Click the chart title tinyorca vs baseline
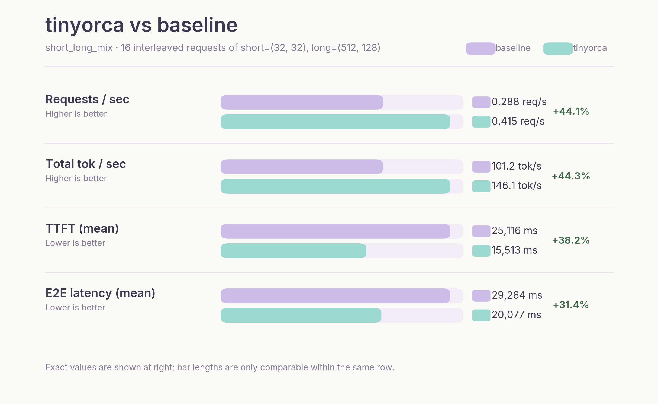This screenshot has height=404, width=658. [x=141, y=25]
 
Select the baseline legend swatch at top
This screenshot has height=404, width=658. [x=480, y=49]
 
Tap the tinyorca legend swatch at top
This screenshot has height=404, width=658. [x=558, y=49]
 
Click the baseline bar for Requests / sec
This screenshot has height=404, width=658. [x=302, y=102]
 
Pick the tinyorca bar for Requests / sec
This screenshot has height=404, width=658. [x=335, y=122]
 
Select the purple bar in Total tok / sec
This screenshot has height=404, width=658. [x=302, y=167]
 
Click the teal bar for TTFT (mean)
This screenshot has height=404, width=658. [x=293, y=251]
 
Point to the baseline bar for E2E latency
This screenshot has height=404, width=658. [x=335, y=296]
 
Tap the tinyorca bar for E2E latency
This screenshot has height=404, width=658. [x=301, y=315]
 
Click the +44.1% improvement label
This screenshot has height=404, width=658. [x=571, y=112]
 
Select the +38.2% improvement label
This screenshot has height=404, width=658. [x=571, y=240]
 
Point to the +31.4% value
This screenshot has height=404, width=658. [x=571, y=305]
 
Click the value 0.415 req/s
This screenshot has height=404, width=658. [x=518, y=121]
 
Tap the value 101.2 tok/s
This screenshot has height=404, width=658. [x=516, y=166]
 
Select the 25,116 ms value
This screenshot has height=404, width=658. [x=514, y=231]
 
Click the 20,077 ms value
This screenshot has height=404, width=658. [x=516, y=315]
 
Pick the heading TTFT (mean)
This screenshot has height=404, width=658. [x=82, y=228]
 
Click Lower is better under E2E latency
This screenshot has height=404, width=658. [x=75, y=307]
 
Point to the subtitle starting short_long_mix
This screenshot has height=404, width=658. [x=213, y=48]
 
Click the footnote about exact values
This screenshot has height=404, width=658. [x=220, y=367]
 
